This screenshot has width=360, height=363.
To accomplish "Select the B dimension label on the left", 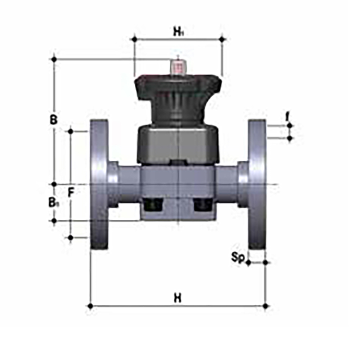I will coord(54,120).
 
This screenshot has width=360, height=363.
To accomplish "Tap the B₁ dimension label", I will coord(53,203).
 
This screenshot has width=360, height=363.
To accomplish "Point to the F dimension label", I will coord(71,193).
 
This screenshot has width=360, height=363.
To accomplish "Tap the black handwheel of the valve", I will coord(178,88).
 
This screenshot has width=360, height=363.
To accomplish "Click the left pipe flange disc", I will coord(99,184).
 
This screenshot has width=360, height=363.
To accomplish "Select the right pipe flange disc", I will coord(257,184).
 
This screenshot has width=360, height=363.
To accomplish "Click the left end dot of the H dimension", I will coord(90,306).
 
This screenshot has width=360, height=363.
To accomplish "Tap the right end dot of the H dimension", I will coord(266,306).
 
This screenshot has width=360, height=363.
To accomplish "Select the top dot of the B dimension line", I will coord(54,59).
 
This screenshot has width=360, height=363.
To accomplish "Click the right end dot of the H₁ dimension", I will coord(222,39).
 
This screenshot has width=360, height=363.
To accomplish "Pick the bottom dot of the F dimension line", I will coord(71,237).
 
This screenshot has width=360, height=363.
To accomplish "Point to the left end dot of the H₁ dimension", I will coord(134,39).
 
